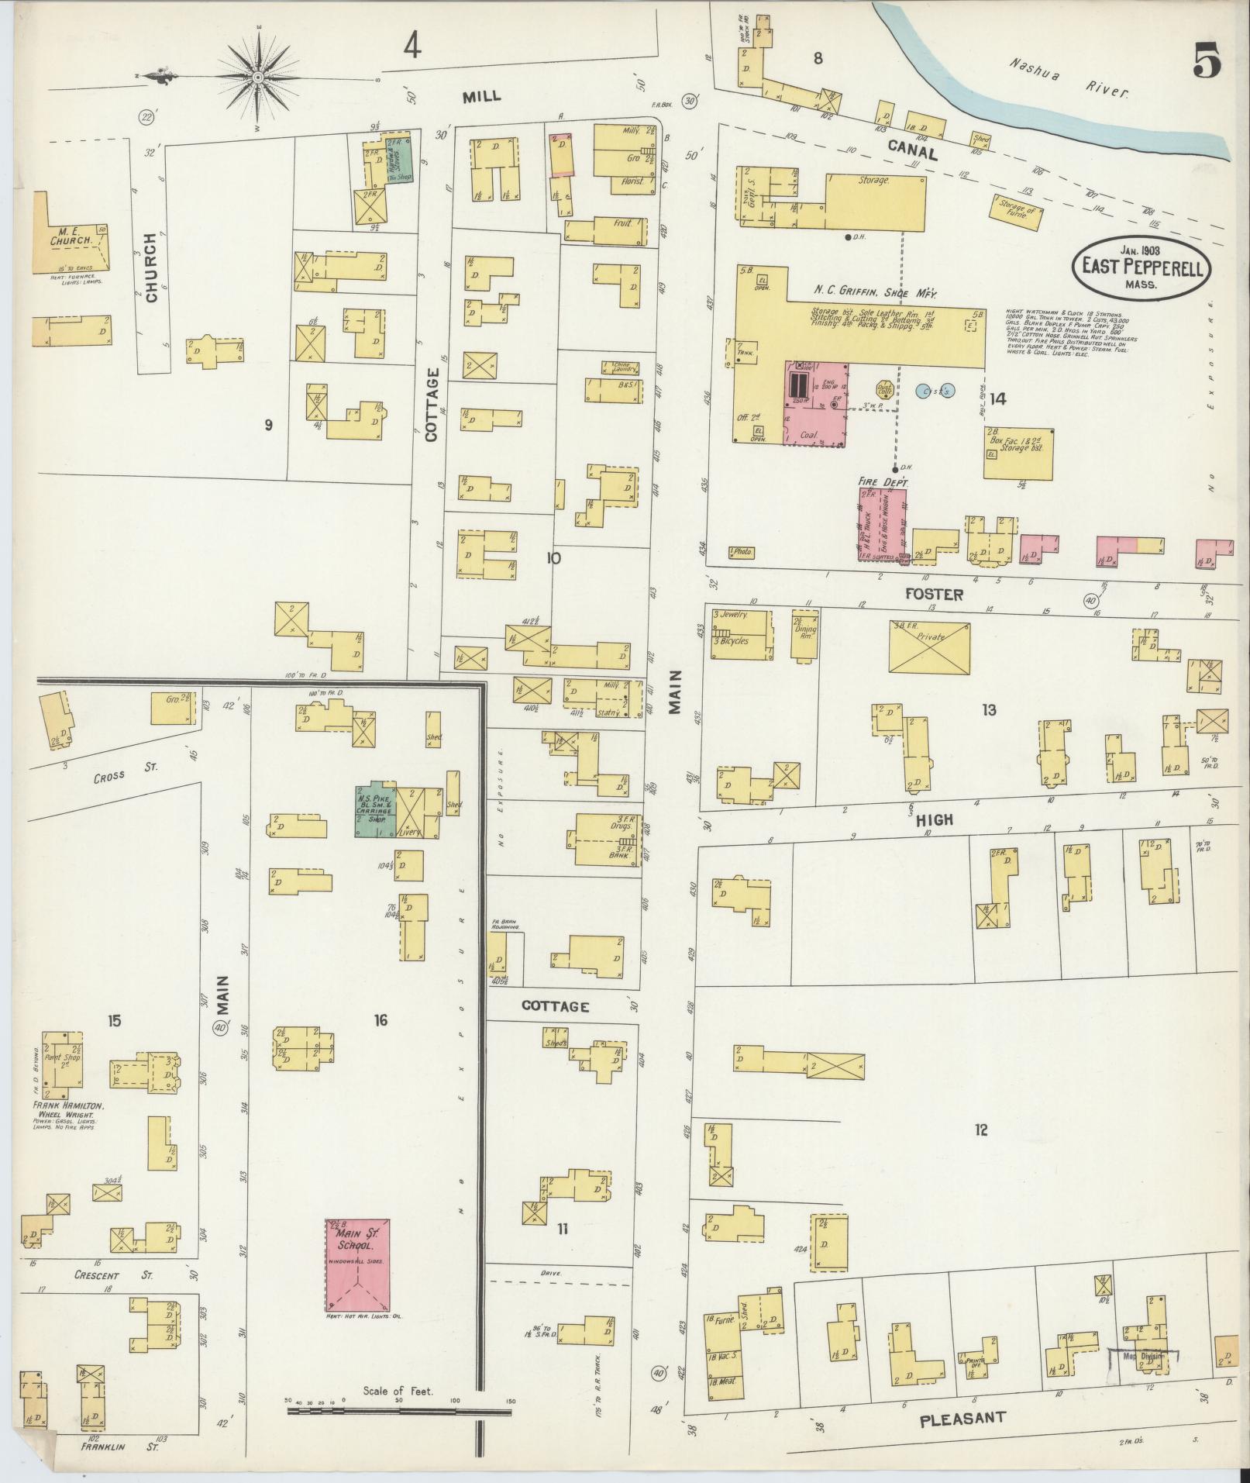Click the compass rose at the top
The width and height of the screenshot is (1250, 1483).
[258, 77]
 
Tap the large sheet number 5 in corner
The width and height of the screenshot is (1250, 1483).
[1207, 61]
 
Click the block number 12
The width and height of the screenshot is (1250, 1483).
[981, 1131]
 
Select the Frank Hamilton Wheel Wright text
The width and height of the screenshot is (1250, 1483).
[69, 1111]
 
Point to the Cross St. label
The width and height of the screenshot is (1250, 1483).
[126, 767]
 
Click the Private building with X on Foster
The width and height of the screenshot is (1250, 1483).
[929, 646]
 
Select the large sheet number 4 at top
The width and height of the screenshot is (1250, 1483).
[412, 47]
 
